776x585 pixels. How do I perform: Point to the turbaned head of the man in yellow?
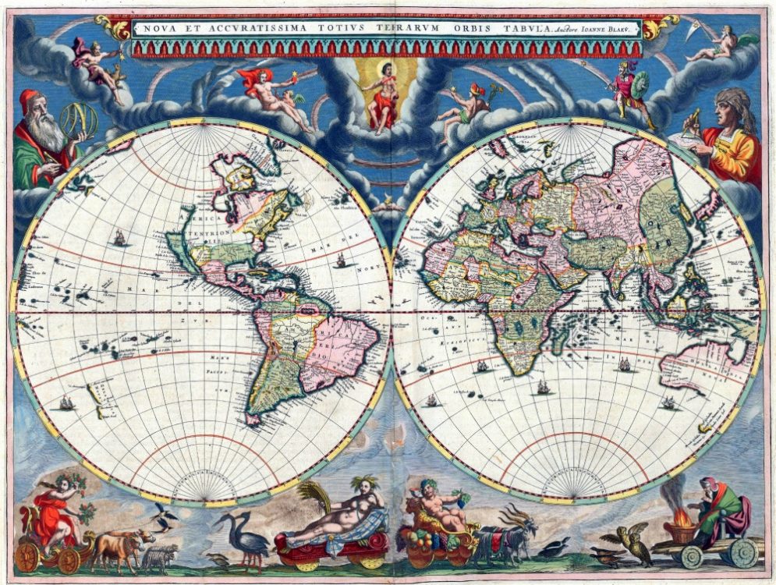pos(733,105)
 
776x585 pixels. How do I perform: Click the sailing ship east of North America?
pos(340,261)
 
